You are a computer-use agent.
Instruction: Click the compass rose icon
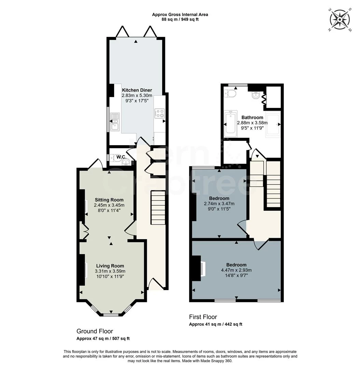coord(340,20)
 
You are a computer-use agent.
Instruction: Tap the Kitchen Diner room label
coord(137,90)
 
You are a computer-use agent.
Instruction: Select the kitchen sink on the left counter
coord(114,122)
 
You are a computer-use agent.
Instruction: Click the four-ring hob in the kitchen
coord(160,113)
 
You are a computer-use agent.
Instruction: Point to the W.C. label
coord(121,157)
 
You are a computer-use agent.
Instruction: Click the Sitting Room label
coord(109,200)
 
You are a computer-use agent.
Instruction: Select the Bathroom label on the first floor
coord(252,117)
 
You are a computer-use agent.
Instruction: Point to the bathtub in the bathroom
coord(231,124)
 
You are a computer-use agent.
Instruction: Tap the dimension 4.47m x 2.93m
coord(236,270)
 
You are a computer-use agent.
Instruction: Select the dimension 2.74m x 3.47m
coord(219,204)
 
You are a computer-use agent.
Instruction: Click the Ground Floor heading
coord(95,331)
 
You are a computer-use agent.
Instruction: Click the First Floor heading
coord(203,317)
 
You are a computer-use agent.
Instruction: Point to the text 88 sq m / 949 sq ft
coord(180,19)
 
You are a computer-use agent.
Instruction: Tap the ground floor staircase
coord(158,208)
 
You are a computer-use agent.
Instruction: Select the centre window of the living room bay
coord(110,314)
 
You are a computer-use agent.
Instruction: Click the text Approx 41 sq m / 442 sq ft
coord(216,324)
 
